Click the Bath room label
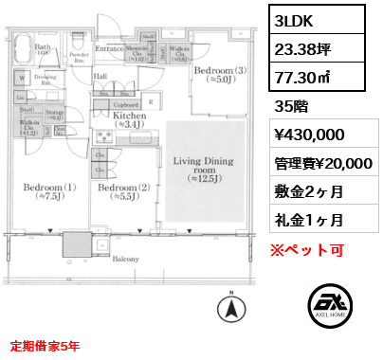pos(43,46)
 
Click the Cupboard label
pos(128,104)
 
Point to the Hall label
pos(100,75)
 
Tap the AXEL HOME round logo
pos(330,309)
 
